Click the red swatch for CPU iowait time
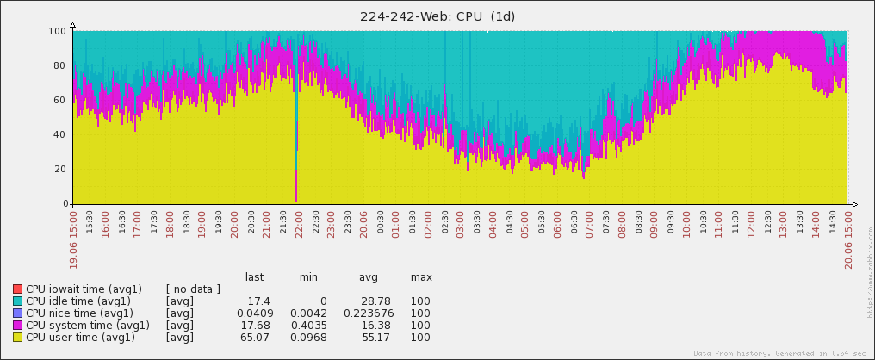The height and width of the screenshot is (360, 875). point(17,289)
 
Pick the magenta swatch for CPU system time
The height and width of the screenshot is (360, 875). point(17,326)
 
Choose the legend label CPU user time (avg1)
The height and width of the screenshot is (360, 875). point(80,338)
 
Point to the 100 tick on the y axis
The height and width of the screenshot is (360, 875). point(59,31)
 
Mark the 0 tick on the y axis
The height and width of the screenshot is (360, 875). point(65,204)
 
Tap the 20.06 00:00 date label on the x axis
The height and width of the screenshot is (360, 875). point(363,233)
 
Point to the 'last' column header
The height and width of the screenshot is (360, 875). point(254,277)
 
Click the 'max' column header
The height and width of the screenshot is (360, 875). point(421,277)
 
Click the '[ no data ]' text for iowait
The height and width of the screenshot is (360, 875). point(193,289)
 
